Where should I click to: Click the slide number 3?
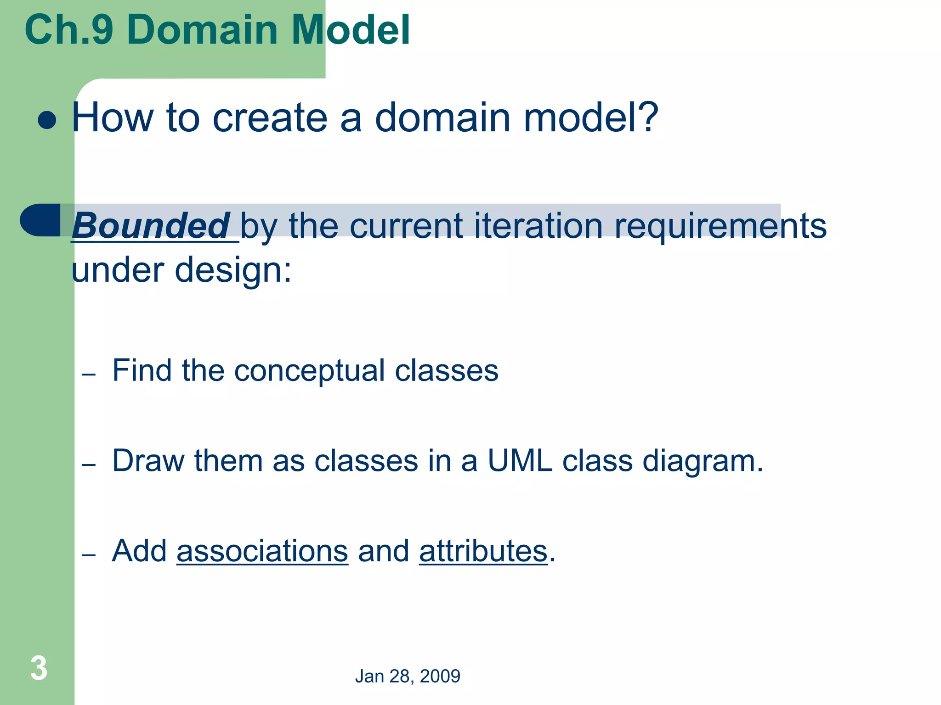point(39,668)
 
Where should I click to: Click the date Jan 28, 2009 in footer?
point(407,676)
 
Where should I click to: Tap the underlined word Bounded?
point(151,226)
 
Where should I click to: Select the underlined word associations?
point(262,551)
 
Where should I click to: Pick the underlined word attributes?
point(483,551)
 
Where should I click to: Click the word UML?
point(519,460)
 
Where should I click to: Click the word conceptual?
point(309,371)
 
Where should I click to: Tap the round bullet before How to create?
point(47,121)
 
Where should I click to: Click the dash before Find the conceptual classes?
point(89,375)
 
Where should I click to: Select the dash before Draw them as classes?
point(89,464)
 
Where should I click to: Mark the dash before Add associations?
point(89,555)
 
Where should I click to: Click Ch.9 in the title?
point(69,30)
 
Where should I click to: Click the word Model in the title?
point(351,30)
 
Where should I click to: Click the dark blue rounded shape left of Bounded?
point(40,220)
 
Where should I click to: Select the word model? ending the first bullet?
point(590,118)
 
